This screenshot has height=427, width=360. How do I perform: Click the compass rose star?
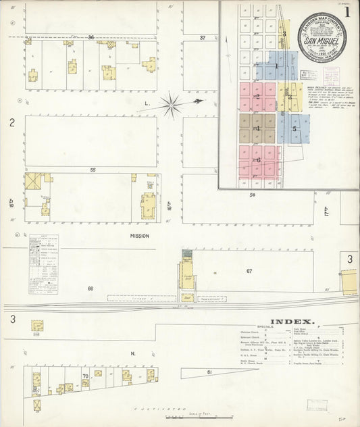coord(172,104)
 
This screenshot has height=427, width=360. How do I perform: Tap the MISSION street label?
coord(140,236)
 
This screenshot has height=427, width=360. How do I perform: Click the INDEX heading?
coord(292,322)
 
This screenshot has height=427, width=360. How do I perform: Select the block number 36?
coord(91,37)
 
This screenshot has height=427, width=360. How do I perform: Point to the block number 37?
coord(203,38)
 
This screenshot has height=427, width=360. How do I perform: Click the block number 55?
coord(91,170)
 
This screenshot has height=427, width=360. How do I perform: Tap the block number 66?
coord(90,288)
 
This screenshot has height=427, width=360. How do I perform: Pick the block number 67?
coord(249,271)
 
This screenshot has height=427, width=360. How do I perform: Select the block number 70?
coord(85,376)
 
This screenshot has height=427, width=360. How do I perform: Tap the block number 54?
coord(253,195)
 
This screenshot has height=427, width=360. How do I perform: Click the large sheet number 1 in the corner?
coord(347,11)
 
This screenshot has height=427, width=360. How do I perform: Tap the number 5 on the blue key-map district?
coord(294,127)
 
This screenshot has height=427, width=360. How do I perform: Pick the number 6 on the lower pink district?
coord(258,160)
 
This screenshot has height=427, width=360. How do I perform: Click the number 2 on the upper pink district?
coord(257,96)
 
